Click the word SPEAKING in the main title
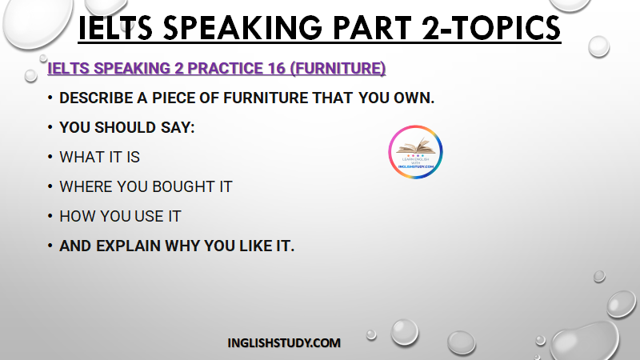(243, 28)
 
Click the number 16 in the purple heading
(276, 68)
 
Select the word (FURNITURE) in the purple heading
(338, 68)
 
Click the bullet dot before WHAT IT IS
(50, 157)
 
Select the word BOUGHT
(184, 186)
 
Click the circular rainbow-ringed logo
(415, 152)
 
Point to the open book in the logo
(415, 146)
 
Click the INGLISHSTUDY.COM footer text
(284, 343)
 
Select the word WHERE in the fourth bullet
(86, 186)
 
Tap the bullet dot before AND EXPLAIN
(50, 246)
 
